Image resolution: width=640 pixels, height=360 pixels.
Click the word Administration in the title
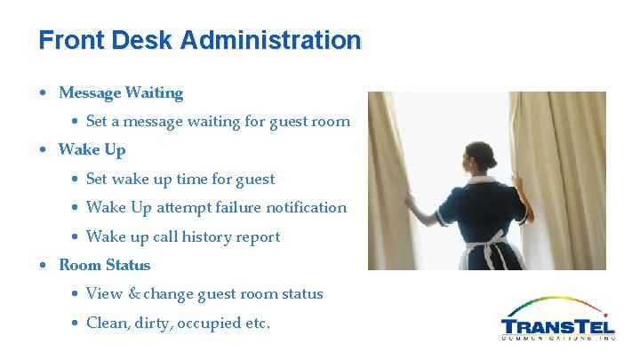270,41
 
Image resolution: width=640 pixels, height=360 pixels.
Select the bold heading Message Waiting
121,92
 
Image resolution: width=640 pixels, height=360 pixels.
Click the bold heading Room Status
105,265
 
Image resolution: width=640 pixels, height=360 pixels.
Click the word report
258,236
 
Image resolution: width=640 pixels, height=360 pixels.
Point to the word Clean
107,323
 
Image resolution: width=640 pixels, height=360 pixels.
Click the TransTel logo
557,319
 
